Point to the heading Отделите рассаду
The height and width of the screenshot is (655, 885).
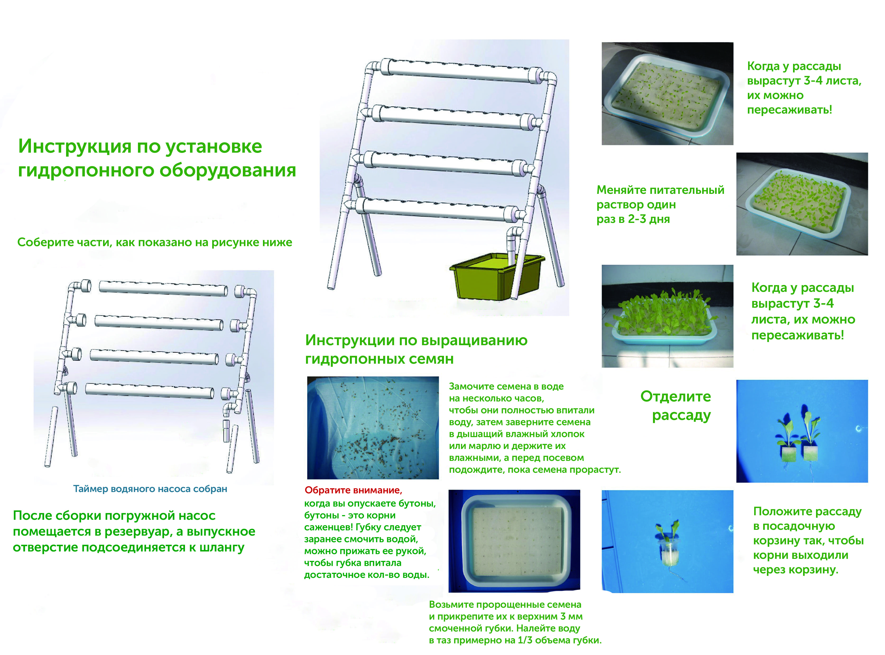point(675,406)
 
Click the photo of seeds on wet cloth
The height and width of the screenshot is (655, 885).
point(373,428)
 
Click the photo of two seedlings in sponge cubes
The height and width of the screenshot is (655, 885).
point(802,431)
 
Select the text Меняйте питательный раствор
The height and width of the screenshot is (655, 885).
point(660,197)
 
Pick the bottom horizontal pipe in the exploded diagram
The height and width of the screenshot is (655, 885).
point(150,391)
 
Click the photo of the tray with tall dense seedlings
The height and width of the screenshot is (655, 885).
point(668,316)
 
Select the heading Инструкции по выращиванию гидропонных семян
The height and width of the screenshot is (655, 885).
point(416,349)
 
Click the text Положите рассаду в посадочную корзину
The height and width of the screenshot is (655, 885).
point(807,526)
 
